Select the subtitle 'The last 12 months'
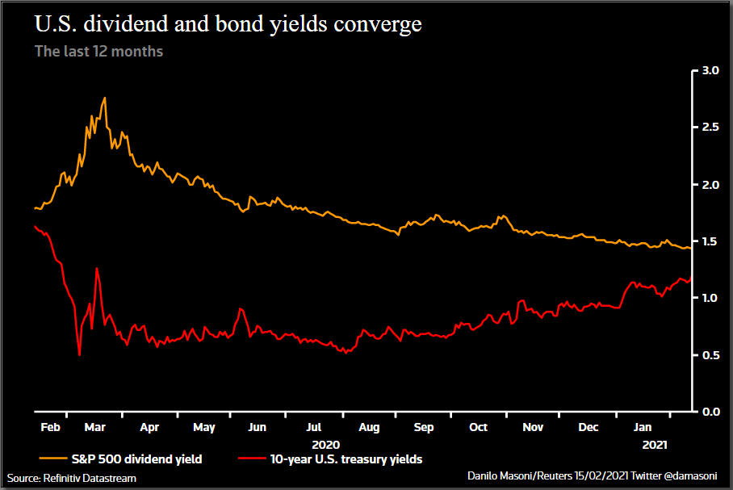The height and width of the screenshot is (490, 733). click(x=98, y=52)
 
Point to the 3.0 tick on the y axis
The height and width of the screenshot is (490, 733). click(x=710, y=71)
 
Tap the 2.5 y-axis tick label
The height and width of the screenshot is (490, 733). click(x=710, y=128)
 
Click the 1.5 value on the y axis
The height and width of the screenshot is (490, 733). click(x=710, y=241)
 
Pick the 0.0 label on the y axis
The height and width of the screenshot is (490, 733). click(x=710, y=412)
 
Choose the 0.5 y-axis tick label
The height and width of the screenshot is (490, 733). click(x=710, y=355)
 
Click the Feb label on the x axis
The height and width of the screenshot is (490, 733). click(x=50, y=427)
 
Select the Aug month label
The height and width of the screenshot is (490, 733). click(x=369, y=427)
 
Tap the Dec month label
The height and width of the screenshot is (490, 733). click(x=588, y=427)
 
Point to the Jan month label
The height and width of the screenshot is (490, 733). click(x=643, y=427)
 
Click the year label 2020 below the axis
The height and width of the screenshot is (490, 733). click(x=325, y=444)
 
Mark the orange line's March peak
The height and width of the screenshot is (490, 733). click(x=104, y=98)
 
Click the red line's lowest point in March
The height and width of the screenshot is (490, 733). click(x=79, y=354)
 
